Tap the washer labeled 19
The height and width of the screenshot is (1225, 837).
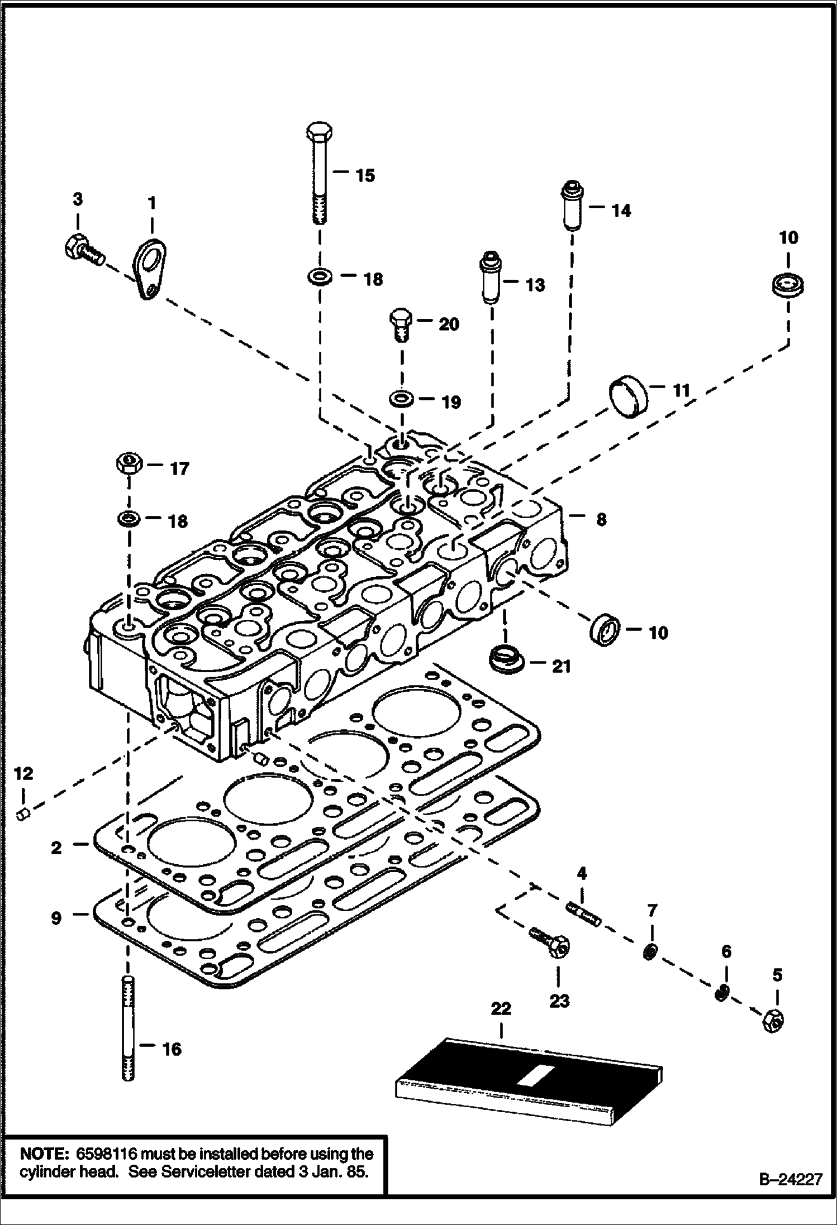point(401,400)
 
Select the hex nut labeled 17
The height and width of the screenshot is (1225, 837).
point(129,465)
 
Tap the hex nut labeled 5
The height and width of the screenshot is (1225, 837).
point(773,1020)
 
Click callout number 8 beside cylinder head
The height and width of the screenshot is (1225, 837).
point(601,519)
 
